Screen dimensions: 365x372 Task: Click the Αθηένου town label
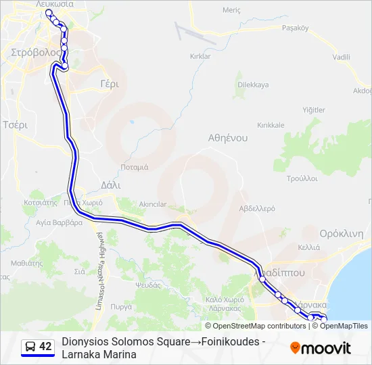coord(228,137)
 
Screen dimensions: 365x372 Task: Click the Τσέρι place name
coord(15,125)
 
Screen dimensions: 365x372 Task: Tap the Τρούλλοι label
coord(302,178)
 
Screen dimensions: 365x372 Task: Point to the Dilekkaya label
coord(253,84)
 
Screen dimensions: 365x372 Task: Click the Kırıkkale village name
coord(271,125)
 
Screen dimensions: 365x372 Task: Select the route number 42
coord(45,347)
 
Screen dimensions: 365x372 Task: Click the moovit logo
coord(321,348)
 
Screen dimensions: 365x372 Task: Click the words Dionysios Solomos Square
coord(125,342)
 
